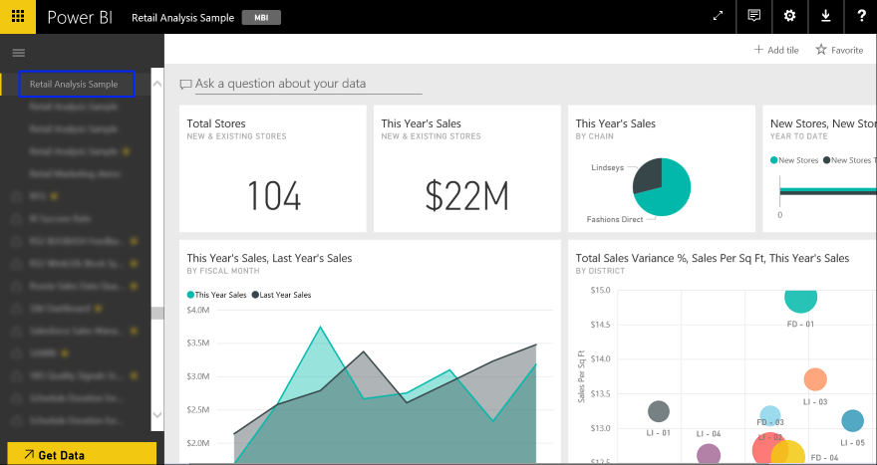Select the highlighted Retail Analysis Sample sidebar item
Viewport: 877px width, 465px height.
point(75,84)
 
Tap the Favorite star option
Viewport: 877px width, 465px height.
point(839,50)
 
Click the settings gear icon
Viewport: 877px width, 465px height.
point(789,16)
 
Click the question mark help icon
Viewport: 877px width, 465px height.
point(860,16)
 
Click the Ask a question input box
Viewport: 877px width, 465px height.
point(280,84)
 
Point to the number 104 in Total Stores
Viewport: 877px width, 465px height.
point(273,197)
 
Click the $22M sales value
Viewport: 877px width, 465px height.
point(466,197)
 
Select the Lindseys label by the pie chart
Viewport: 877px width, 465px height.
point(607,167)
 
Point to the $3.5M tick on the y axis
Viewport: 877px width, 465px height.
point(197,343)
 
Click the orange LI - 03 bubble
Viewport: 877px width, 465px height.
point(815,379)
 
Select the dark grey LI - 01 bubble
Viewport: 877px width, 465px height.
point(659,411)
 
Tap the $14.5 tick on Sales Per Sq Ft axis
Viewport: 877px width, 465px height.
point(598,325)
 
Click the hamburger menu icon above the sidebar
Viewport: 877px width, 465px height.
point(18,52)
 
